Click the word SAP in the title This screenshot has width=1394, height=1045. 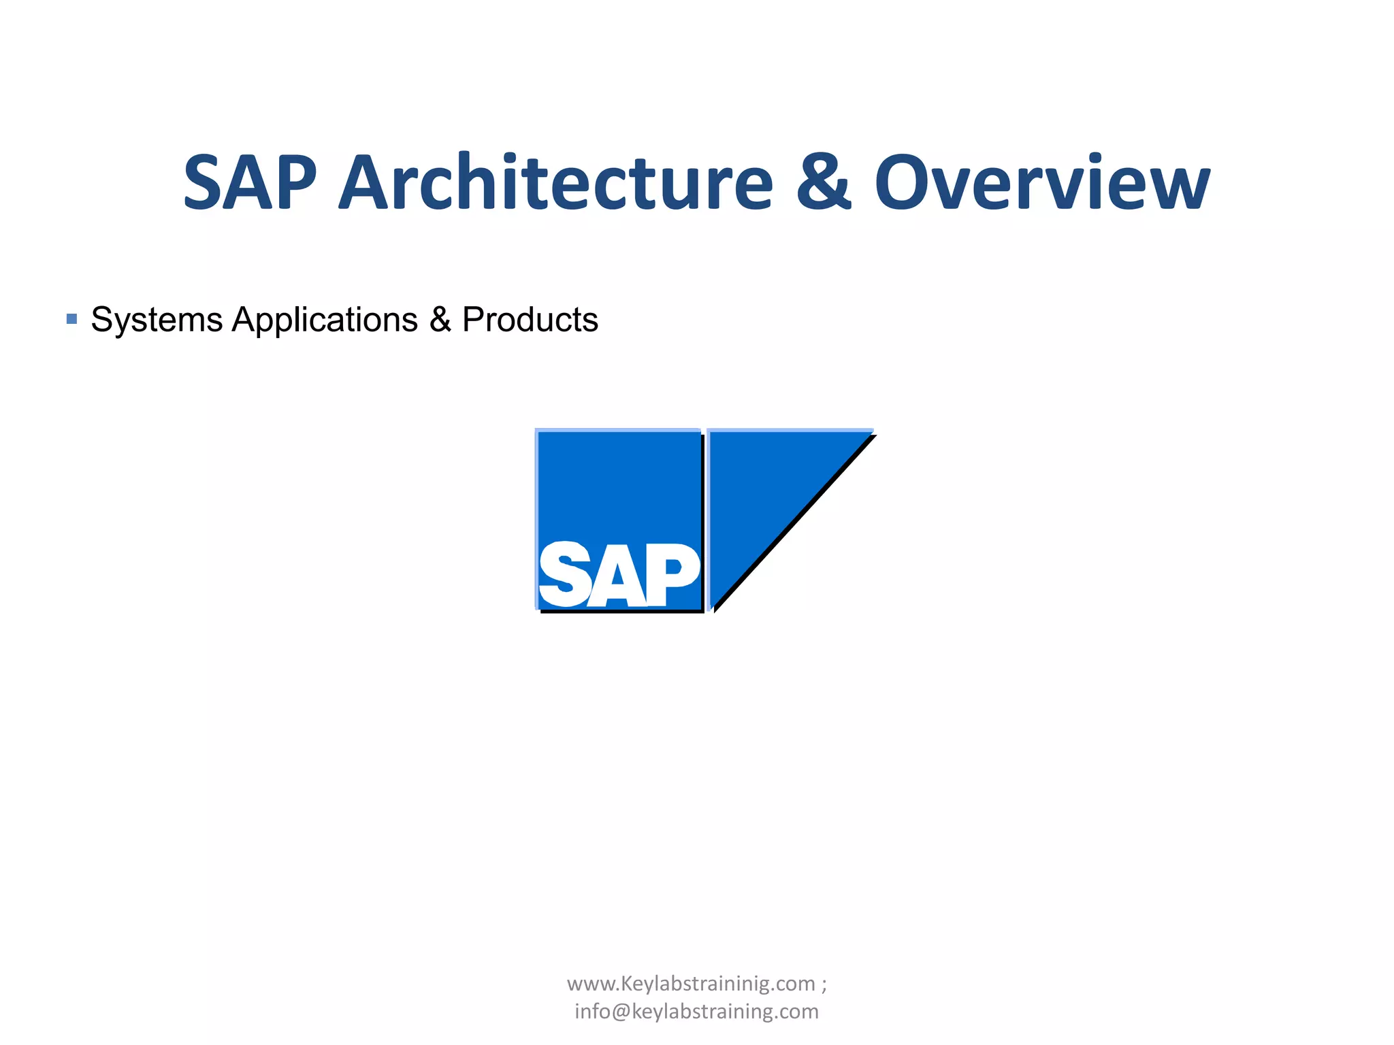point(250,182)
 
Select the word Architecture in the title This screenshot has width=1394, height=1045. point(556,182)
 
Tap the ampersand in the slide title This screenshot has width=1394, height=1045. point(823,182)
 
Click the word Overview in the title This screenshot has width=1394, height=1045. point(1042,182)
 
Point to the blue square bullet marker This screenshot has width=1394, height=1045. point(71,318)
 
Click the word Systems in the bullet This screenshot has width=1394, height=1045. point(157,319)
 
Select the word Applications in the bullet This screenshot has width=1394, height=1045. point(325,319)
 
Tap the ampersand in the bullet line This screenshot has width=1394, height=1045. point(440,319)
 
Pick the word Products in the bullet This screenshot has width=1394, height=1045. point(530,319)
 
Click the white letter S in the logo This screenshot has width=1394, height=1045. point(564,576)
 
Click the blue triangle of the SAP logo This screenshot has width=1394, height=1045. point(762,490)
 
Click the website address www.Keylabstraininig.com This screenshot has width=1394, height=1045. point(691,984)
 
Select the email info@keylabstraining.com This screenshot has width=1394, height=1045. point(696,1012)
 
